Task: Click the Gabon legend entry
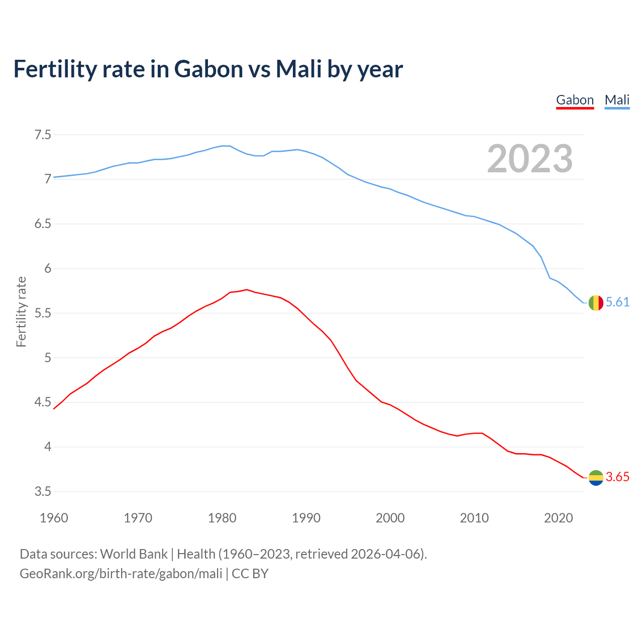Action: click(x=575, y=100)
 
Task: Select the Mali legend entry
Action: click(x=617, y=100)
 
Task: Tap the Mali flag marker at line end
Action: click(x=596, y=303)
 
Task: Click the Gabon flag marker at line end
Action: click(x=596, y=478)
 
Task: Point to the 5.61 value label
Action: click(x=617, y=302)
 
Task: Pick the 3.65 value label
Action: click(x=617, y=477)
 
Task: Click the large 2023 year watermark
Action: click(x=529, y=159)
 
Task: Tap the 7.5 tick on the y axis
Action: click(x=43, y=135)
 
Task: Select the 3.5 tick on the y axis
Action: click(x=43, y=491)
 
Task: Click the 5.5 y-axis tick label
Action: click(x=43, y=313)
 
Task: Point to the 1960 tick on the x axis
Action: click(x=54, y=518)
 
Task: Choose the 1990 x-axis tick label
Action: click(x=306, y=518)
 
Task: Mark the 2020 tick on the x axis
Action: click(x=558, y=518)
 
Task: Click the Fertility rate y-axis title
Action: click(x=21, y=311)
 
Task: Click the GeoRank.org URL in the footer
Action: click(x=121, y=574)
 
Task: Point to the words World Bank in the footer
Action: click(x=134, y=554)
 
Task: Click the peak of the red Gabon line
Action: click(x=247, y=289)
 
